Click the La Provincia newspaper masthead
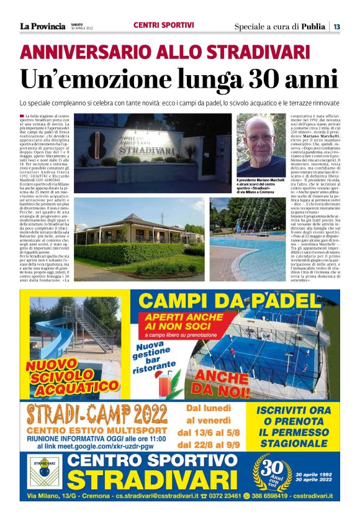pos(42,26)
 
